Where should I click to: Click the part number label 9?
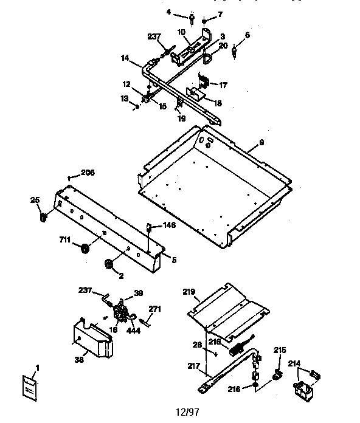pos(261,142)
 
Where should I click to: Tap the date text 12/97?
pos(186,411)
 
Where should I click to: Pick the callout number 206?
pos(88,173)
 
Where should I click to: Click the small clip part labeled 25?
pos(44,215)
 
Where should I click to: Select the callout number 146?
pos(168,224)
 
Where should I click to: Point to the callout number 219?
pos(189,292)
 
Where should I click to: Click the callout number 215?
pos(279,350)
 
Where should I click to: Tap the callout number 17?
pos(224,85)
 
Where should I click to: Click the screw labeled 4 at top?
pos(192,20)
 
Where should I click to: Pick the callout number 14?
pos(125,58)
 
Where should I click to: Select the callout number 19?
pos(181,119)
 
